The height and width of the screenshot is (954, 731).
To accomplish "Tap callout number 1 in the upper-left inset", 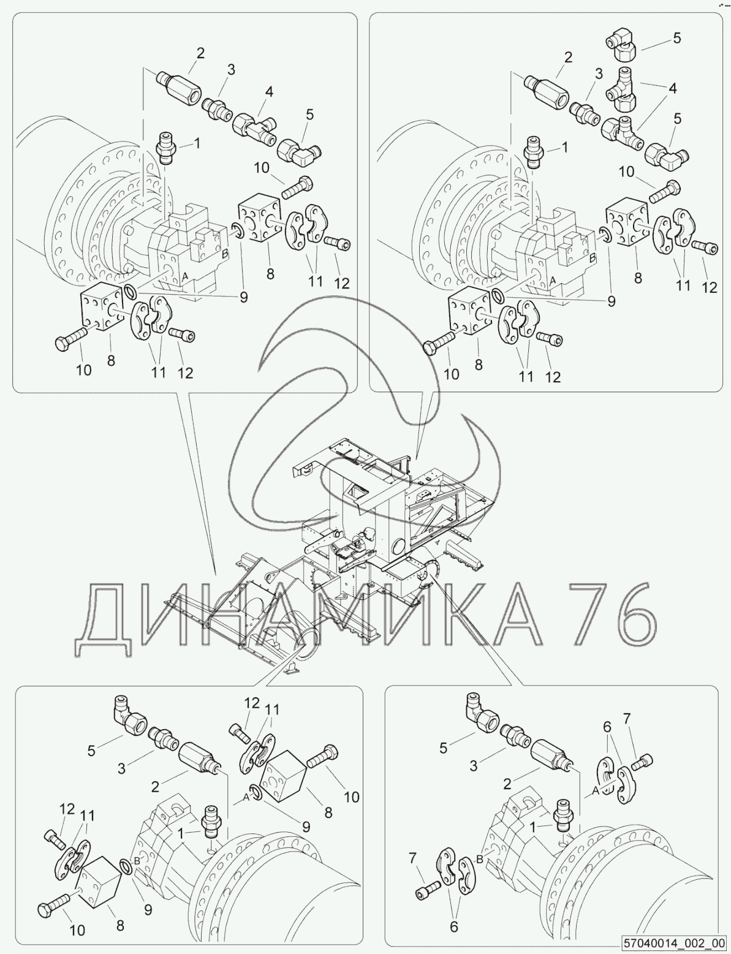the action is point(197,143).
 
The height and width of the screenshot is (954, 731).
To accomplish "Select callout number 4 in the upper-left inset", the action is point(269,92).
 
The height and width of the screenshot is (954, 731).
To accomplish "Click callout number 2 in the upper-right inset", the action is point(568,57).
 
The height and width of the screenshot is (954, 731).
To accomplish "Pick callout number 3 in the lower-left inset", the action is point(121,769).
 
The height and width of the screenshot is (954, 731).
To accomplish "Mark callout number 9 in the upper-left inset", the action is point(243,298).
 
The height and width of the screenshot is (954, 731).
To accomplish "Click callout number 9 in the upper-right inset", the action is point(611,301).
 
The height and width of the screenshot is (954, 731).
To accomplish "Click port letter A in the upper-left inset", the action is point(185,276).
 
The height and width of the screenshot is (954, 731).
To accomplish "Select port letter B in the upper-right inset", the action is point(593,258).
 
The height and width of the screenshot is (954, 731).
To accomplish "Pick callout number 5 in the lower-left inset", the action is point(91,751).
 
